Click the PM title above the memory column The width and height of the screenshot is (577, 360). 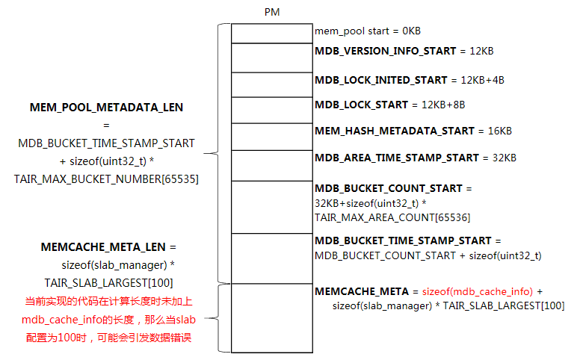pos(272,12)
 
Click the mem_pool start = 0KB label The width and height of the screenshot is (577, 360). pos(368,31)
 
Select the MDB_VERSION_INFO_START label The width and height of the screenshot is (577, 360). pos(385,51)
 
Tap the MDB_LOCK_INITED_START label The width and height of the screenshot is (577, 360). pos(381,80)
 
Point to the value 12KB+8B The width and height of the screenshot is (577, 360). pos(443,105)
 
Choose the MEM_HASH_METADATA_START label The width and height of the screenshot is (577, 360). pos(395,131)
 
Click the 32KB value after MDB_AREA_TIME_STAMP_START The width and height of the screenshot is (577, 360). pos(505,158)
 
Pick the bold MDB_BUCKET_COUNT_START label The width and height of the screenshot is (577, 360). pos(389,188)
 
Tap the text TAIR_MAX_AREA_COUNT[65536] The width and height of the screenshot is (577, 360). pos(392,217)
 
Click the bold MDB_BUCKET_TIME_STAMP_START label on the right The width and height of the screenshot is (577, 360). pos(403,240)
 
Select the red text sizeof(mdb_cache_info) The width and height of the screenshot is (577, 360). pos(478,291)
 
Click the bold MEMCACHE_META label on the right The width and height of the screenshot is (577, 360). pos(362,291)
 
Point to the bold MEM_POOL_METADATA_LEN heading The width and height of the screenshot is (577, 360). pos(106,108)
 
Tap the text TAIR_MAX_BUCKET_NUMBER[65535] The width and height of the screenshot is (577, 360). pos(106,179)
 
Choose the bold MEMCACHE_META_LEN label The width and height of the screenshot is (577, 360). pos(103,247)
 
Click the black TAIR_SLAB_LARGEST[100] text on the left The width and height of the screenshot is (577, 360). pos(108,283)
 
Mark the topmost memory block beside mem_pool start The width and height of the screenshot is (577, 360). pos(272,34)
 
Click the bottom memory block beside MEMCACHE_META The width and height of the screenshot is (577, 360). pos(272,318)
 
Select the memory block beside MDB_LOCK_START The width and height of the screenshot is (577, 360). pos(272,110)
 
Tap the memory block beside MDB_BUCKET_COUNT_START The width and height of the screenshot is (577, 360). pos(272,207)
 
